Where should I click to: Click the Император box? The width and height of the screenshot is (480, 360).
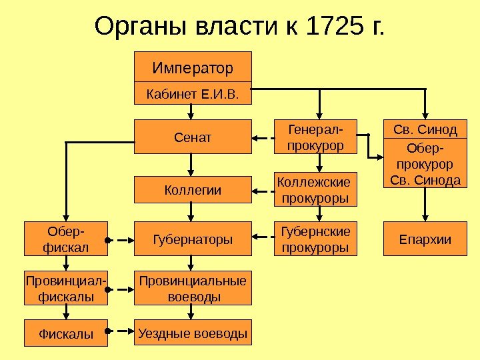[193, 67]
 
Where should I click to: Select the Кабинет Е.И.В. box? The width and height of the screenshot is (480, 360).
[193, 94]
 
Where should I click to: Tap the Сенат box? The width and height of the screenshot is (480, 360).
[193, 137]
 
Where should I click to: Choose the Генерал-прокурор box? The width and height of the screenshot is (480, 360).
[316, 136]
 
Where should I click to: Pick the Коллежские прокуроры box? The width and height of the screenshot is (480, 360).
[316, 189]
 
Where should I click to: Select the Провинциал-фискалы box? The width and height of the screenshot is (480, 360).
[66, 288]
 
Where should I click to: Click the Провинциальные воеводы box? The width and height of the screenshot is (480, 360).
[193, 288]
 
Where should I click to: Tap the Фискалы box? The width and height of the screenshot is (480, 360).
[66, 333]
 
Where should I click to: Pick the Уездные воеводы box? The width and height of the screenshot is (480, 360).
[193, 332]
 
